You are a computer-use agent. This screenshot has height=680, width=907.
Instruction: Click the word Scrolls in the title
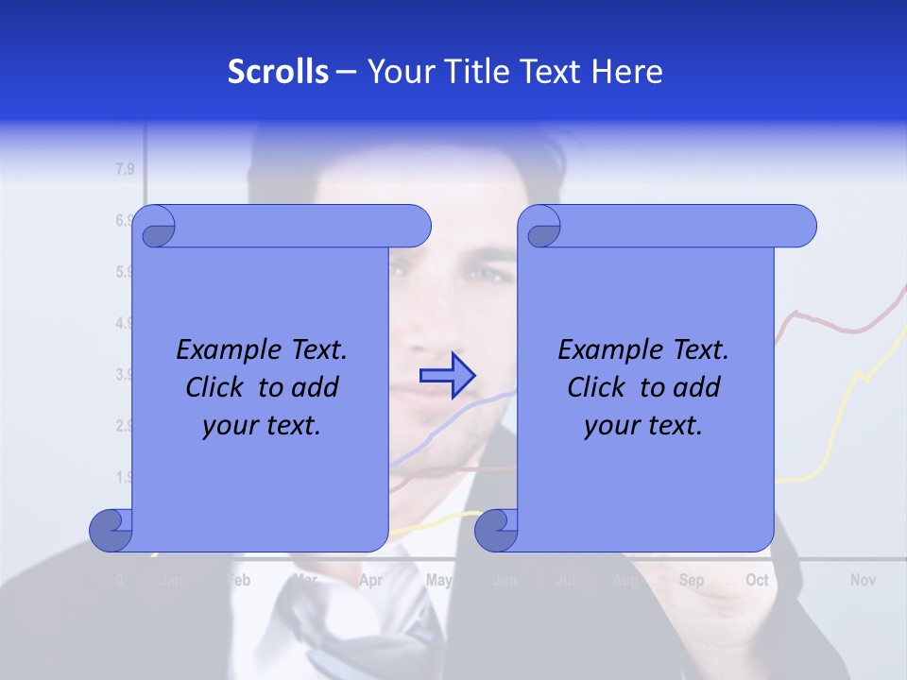tap(279, 71)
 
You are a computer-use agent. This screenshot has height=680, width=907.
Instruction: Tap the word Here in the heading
tap(627, 71)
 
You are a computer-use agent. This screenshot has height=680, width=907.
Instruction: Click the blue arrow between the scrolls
tap(447, 376)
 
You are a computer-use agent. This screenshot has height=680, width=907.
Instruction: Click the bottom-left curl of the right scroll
tap(496, 531)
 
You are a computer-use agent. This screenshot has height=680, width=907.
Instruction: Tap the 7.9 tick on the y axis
tap(125, 170)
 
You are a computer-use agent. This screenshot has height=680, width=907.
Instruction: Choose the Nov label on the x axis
tap(863, 580)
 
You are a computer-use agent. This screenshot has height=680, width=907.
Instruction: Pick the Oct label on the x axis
tap(757, 580)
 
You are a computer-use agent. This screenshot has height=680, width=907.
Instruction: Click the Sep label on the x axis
tap(692, 580)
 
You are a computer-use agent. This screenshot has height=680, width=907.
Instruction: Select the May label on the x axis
tap(438, 580)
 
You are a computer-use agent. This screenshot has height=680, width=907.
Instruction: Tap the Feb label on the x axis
tap(240, 580)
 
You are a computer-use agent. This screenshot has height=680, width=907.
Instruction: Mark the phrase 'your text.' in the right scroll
tap(643, 426)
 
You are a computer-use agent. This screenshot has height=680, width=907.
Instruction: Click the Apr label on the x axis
tap(371, 580)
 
